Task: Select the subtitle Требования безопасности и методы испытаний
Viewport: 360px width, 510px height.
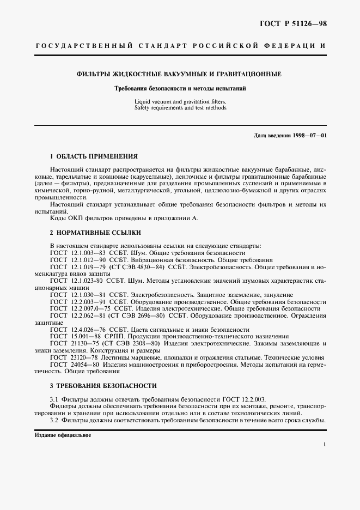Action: pyautogui.click(x=180, y=88)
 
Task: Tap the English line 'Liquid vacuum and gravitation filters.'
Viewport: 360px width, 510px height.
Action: pyautogui.click(x=180, y=101)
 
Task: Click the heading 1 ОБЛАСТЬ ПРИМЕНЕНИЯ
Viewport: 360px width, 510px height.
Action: pyautogui.click(x=94, y=156)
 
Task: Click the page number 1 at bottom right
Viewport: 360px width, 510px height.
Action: pyautogui.click(x=325, y=445)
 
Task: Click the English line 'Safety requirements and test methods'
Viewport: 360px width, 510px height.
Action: pyautogui.click(x=180, y=108)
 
